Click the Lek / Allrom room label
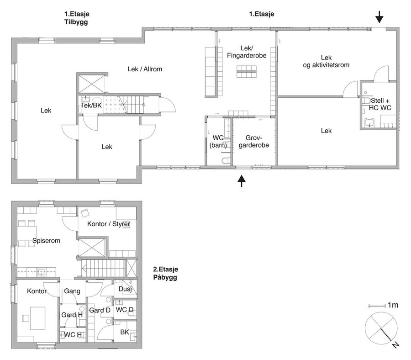point(145,69)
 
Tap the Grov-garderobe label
point(254,141)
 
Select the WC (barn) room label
point(218,141)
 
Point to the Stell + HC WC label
point(380,104)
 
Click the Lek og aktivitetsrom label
point(326,61)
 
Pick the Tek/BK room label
point(91,106)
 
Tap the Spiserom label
point(46,240)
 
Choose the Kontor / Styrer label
point(109,224)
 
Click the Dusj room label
point(125,289)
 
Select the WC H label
point(73,334)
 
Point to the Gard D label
point(100,310)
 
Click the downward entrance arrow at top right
point(379,17)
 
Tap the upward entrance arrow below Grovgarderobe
point(242,181)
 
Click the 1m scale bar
point(377,306)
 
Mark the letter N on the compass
point(395,345)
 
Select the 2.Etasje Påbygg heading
point(166,273)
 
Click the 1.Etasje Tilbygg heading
point(77,18)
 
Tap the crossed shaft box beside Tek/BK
point(91,84)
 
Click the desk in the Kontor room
point(38,318)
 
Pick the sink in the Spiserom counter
point(42,272)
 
